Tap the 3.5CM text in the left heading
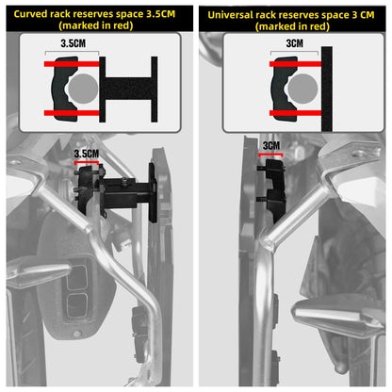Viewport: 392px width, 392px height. click(160, 14)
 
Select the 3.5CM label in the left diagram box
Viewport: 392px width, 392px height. click(73, 43)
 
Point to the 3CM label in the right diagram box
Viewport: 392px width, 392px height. click(295, 43)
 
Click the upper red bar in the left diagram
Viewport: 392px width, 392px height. click(72, 64)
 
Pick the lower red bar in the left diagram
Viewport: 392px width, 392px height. click(72, 113)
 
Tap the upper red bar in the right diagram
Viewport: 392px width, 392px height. click(295, 64)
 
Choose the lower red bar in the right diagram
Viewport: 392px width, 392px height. click(295, 113)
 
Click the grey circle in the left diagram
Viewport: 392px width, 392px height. click(83, 89)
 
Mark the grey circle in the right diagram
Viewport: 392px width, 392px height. click(302, 89)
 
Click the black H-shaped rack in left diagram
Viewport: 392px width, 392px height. click(128, 90)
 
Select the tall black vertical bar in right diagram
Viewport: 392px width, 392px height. click(327, 89)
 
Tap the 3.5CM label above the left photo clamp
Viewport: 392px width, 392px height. click(87, 154)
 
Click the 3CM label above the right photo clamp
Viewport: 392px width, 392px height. click(271, 146)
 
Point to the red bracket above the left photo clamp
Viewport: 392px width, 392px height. click(87, 162)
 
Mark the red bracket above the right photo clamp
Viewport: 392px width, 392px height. click(270, 155)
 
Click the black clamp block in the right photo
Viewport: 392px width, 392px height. click(275, 188)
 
